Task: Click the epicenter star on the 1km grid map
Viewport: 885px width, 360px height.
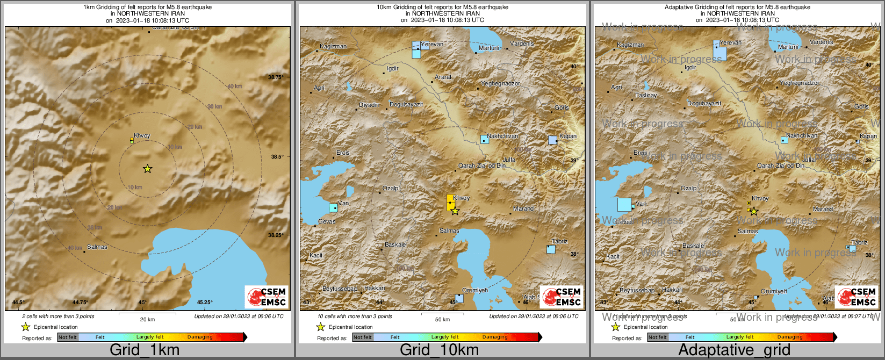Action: pyautogui.click(x=147, y=169)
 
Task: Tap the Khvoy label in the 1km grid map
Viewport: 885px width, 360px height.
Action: pyautogui.click(x=142, y=136)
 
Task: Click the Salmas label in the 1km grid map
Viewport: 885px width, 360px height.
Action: pyautogui.click(x=97, y=247)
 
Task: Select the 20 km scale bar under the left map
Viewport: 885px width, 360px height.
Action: pyautogui.click(x=147, y=313)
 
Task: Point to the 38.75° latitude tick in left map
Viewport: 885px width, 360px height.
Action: pyautogui.click(x=276, y=77)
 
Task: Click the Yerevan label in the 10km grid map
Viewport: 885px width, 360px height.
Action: pyautogui.click(x=432, y=44)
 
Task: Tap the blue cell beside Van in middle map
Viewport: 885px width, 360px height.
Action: pyautogui.click(x=334, y=208)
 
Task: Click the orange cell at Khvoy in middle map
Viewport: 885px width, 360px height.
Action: pyautogui.click(x=450, y=202)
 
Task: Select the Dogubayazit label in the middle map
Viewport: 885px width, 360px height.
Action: pyautogui.click(x=406, y=105)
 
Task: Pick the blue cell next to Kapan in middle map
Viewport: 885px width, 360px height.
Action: pyautogui.click(x=552, y=140)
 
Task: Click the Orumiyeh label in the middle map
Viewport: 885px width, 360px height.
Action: pyautogui.click(x=475, y=290)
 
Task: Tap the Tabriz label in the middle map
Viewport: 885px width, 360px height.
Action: pyautogui.click(x=559, y=242)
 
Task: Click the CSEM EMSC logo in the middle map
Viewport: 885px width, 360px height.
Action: pyautogui.click(x=562, y=297)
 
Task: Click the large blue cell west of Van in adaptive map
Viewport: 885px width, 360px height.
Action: pyautogui.click(x=624, y=205)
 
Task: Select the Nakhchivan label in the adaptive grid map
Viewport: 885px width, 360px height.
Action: pyautogui.click(x=802, y=136)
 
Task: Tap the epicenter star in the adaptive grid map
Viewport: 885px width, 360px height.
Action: pyautogui.click(x=753, y=212)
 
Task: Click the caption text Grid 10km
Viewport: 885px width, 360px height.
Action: pyautogui.click(x=439, y=350)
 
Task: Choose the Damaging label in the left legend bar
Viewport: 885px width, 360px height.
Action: pyautogui.click(x=200, y=337)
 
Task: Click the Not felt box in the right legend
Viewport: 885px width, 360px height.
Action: pyautogui.click(x=658, y=337)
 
